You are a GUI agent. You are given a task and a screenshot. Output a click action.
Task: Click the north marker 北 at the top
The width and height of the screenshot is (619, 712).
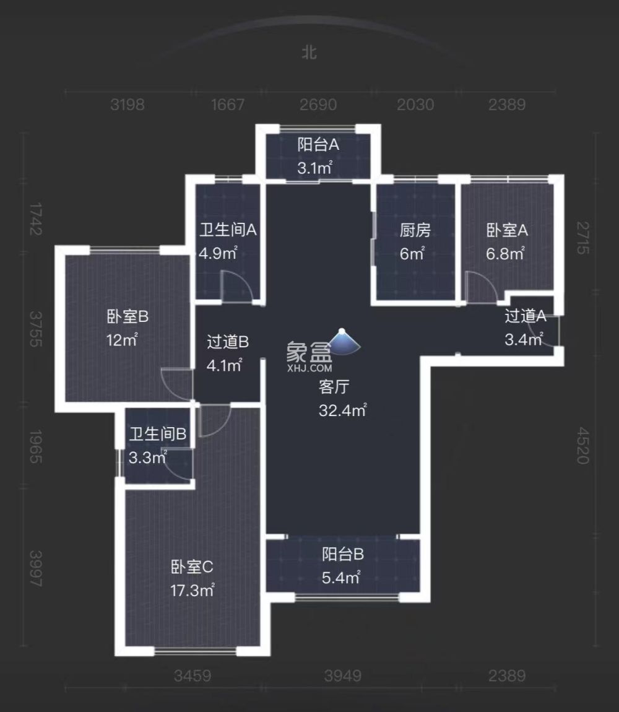(309, 53)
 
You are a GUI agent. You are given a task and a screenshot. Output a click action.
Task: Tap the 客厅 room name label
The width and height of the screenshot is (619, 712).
(334, 388)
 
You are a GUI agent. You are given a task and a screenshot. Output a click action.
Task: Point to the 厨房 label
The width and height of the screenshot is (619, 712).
(414, 231)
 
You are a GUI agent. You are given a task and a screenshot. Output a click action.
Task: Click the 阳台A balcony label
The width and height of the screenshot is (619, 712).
(318, 145)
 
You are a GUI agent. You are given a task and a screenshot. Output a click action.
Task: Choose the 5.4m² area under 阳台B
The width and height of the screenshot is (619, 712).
(341, 578)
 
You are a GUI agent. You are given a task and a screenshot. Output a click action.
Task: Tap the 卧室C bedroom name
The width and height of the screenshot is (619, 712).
(192, 567)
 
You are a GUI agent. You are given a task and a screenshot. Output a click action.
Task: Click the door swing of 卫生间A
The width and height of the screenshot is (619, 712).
(236, 287)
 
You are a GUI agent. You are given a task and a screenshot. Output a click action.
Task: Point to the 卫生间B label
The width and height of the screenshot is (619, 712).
(158, 434)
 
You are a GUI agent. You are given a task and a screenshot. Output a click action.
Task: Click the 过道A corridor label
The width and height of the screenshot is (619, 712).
(525, 316)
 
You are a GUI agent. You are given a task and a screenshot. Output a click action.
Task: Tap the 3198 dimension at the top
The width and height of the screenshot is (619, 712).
(128, 105)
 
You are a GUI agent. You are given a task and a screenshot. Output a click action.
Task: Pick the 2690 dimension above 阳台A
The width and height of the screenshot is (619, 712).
(318, 105)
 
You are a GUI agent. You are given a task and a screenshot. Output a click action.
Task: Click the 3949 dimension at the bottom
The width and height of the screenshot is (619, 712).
(342, 675)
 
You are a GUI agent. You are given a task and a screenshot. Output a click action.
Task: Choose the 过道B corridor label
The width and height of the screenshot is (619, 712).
(227, 341)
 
